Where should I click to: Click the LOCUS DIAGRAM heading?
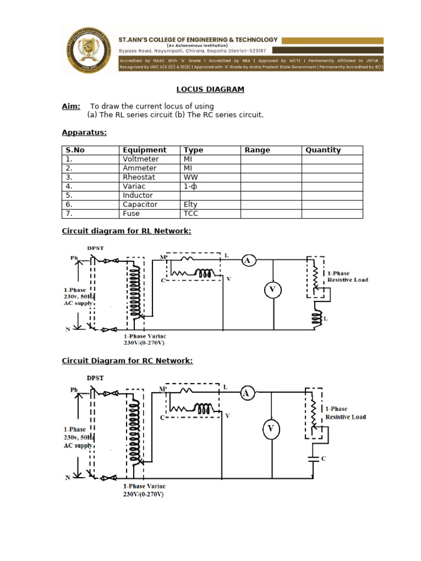click(210, 89)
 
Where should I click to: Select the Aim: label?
click(71, 106)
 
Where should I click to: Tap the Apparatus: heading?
click(84, 133)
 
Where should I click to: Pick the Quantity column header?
click(323, 150)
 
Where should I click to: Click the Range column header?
click(257, 150)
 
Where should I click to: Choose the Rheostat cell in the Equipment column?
click(139, 178)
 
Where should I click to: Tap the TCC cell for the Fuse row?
click(191, 214)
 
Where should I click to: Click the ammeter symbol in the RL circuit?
click(248, 261)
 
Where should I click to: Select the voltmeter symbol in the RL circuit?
click(272, 290)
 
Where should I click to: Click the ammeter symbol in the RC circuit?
click(247, 392)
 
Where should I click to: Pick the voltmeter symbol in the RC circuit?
click(270, 430)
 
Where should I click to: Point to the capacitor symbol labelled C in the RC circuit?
click(314, 459)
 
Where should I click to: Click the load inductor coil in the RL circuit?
click(316, 318)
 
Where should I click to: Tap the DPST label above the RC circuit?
click(96, 378)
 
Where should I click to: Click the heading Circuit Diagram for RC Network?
click(127, 360)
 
